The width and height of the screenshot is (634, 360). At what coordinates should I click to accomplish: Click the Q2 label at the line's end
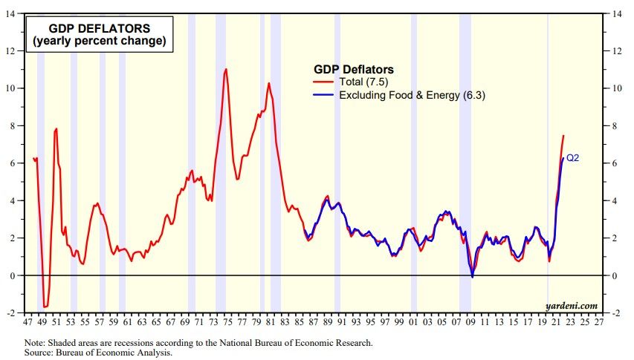click(x=572, y=158)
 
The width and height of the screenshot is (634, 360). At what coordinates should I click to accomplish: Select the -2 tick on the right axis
click(x=615, y=313)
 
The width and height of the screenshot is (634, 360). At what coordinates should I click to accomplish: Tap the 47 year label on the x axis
click(x=28, y=324)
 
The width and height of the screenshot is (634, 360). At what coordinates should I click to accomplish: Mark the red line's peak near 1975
click(x=226, y=69)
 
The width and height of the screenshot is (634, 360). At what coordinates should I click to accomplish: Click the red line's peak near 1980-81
click(x=268, y=83)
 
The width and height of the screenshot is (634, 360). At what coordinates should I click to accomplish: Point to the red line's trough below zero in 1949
click(x=45, y=306)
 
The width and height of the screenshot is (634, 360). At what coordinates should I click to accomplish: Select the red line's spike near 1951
click(x=56, y=129)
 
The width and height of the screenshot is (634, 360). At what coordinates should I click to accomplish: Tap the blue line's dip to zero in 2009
click(x=472, y=277)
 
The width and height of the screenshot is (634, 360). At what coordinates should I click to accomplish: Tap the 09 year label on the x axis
click(x=470, y=324)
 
